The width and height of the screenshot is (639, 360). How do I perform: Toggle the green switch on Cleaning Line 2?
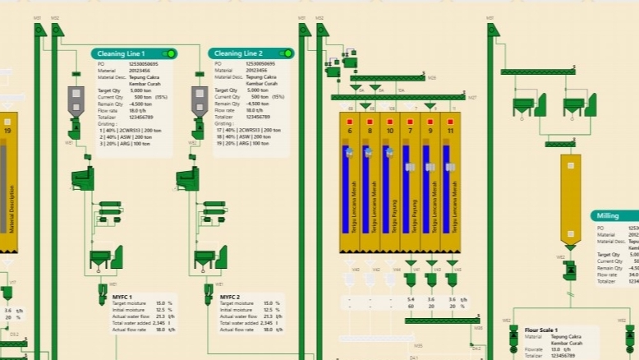[286, 53]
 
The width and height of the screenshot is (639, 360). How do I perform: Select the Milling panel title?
[608, 215]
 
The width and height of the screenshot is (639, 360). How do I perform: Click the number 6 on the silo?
[349, 131]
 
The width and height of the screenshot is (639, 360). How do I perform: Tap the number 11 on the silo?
[450, 131]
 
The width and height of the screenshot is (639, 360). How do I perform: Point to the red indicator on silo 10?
[389, 121]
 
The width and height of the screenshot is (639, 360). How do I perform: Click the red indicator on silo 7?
[410, 121]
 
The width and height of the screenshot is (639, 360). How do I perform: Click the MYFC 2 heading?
[231, 296]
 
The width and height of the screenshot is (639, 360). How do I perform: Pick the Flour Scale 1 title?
[546, 330]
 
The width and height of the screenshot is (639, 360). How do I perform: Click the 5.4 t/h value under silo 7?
[411, 298]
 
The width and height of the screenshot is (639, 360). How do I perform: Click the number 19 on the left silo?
[7, 131]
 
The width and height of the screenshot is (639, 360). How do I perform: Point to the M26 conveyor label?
[432, 78]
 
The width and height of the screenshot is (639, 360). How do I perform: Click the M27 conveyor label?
[472, 97]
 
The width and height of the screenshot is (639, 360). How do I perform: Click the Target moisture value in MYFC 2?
[267, 303]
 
